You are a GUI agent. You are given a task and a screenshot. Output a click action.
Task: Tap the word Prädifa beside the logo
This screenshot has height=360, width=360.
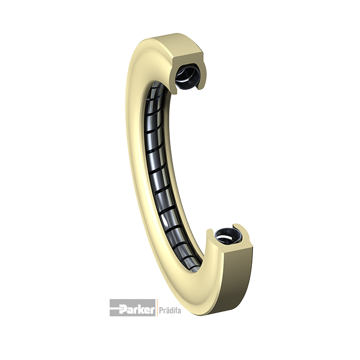(170, 311)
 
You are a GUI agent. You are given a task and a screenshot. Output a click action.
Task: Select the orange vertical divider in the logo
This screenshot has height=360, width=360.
(157, 308)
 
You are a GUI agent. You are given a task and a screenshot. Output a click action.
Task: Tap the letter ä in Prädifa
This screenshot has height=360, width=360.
(166, 311)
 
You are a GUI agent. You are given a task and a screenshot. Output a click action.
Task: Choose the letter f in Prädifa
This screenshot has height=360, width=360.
(176, 310)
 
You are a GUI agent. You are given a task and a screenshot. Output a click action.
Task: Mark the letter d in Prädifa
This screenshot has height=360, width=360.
(170, 310)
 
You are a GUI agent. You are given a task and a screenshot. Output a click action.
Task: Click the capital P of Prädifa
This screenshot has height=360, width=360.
(161, 311)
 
